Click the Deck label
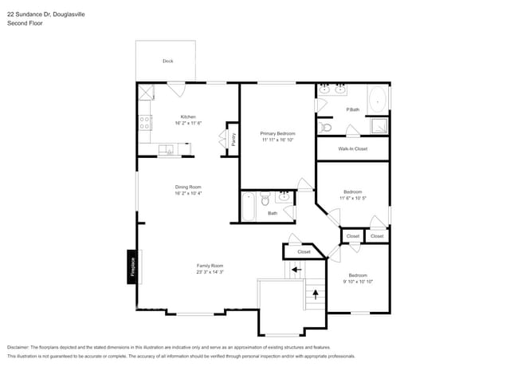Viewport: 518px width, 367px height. point(167,61)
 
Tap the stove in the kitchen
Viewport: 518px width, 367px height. point(145,123)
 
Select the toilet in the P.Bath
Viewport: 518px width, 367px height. point(324,128)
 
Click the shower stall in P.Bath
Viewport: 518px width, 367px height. point(378,127)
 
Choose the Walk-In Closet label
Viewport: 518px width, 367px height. point(352,148)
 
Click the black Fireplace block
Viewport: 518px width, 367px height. point(132,266)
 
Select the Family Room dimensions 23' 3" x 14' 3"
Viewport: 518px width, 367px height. point(210,273)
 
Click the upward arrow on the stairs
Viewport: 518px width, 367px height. point(316,294)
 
